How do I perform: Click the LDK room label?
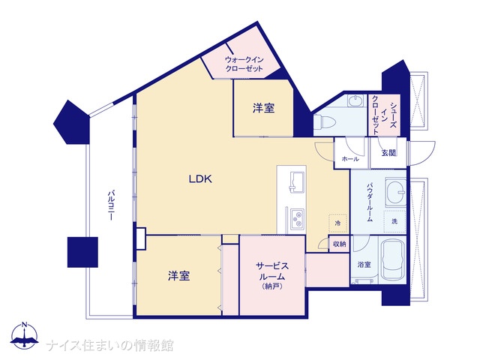coord(200,178)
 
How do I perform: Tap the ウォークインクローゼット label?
coord(244,64)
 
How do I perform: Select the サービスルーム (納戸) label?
coord(272,275)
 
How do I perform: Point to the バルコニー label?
coord(112,205)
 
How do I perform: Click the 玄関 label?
coord(388,152)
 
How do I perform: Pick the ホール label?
coord(350,159)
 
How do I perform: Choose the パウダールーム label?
coord(370,202)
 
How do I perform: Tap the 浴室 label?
coord(364,264)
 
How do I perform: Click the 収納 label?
coord(340,244)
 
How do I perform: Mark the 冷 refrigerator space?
coord(338,223)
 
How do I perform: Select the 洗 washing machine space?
coord(395,221)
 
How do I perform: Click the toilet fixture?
coord(325,122)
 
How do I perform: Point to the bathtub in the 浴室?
coord(393,260)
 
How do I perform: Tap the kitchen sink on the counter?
coord(297,183)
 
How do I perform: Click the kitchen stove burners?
coord(297,218)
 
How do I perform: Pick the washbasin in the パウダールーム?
coord(396,192)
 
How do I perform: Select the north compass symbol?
coord(25,336)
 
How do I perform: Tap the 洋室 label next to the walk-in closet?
coord(263,108)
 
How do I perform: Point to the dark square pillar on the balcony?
coord(82,252)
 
